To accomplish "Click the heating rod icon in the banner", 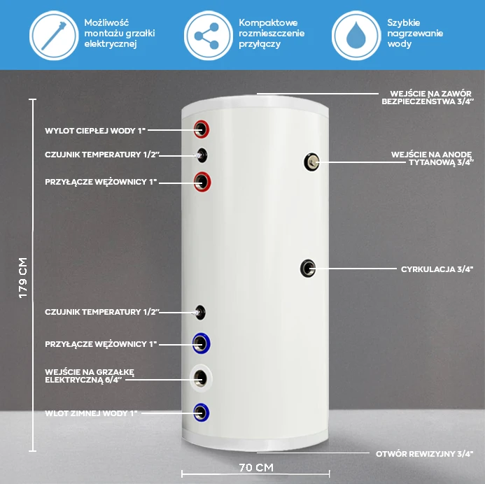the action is pyautogui.click(x=54, y=36).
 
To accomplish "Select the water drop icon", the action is pyautogui.click(x=356, y=35).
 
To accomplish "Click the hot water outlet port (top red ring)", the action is pyautogui.click(x=202, y=129).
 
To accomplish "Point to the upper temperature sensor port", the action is pyautogui.click(x=202, y=155).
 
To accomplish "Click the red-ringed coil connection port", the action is pyautogui.click(x=202, y=182).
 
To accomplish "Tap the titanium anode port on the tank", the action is pyautogui.click(x=311, y=162).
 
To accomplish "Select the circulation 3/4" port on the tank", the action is pyautogui.click(x=308, y=269).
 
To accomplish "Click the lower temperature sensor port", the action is pyautogui.click(x=200, y=313).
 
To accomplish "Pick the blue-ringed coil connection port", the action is pyautogui.click(x=202, y=343).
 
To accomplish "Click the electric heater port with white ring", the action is pyautogui.click(x=201, y=378).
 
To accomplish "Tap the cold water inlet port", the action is pyautogui.click(x=202, y=413).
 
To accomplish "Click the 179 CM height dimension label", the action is pyautogui.click(x=23, y=278).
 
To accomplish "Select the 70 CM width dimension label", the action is pyautogui.click(x=256, y=467).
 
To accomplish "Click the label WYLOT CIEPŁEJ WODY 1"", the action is pyautogui.click(x=95, y=131).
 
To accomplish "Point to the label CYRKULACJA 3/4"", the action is pyautogui.click(x=437, y=269).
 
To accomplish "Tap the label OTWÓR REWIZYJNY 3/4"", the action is pyautogui.click(x=424, y=454).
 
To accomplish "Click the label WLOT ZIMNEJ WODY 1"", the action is pyautogui.click(x=91, y=413).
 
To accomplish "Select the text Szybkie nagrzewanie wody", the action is pyautogui.click(x=415, y=34).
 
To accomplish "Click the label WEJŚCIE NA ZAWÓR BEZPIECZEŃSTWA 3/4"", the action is pyautogui.click(x=428, y=97).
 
